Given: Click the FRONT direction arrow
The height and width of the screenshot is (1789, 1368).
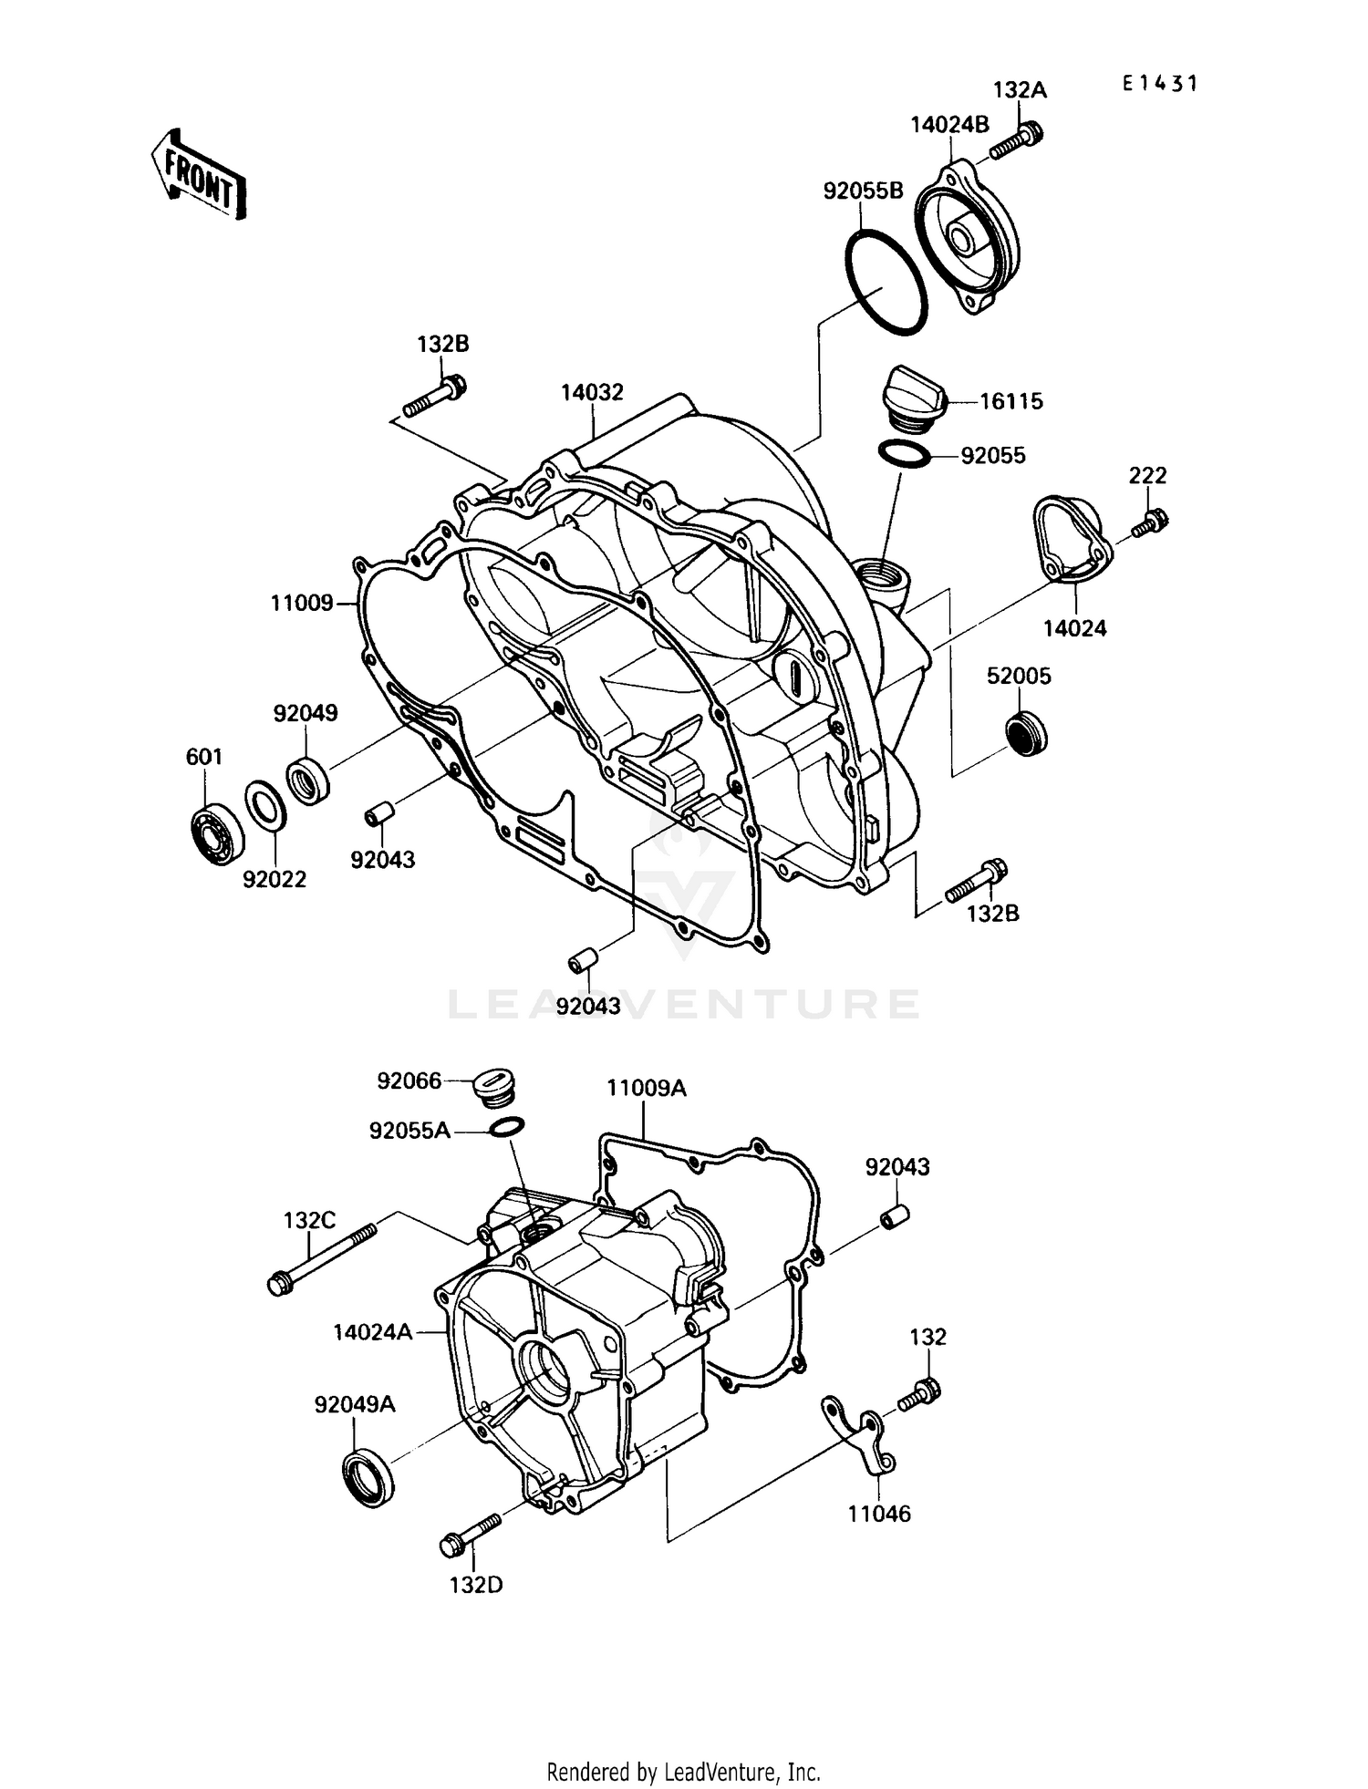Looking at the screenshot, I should point(199,174).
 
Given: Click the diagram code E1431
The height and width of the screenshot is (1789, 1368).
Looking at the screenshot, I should point(1159,84).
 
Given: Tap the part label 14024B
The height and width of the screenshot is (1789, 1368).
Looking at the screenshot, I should point(948,125).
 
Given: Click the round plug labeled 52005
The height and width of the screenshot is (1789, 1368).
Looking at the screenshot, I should point(1026,732).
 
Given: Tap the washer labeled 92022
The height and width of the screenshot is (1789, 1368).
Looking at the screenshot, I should point(265,806).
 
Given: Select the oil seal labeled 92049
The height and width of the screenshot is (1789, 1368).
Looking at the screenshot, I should point(308,781).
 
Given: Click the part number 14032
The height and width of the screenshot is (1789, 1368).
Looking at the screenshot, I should point(592,392).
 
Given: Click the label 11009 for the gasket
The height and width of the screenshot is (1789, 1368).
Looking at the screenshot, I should point(302,603).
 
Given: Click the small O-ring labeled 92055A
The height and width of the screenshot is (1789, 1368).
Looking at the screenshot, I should point(506,1127).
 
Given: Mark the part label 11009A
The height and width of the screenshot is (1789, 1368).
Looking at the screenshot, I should point(647,1088).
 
